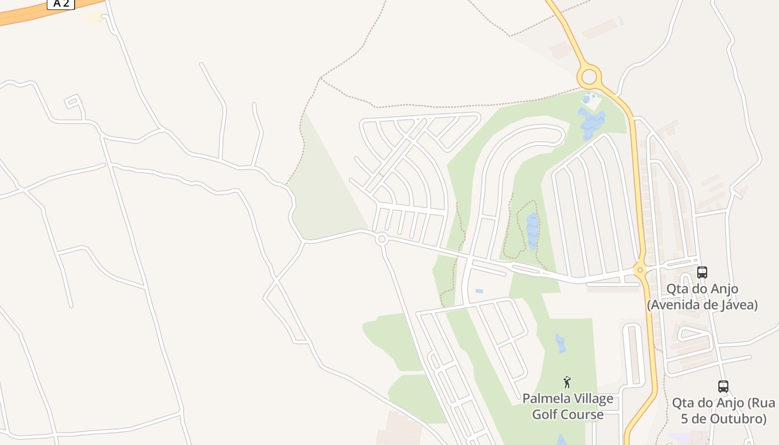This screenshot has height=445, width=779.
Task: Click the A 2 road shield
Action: coord(61,4)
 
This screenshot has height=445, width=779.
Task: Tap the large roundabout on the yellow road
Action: coord(589,76)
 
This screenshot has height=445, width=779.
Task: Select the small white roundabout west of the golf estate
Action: coord(381,239)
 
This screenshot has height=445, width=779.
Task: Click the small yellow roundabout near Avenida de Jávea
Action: coord(640,270)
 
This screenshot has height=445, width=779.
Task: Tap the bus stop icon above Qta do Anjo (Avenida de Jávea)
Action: coord(702,273)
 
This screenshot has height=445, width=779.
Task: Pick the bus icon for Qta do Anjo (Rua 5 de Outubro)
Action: coord(723,386)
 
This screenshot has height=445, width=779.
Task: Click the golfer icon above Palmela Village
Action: coord(567,382)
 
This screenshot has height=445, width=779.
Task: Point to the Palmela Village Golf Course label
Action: coord(568,407)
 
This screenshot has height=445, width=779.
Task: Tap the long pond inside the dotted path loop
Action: coord(533,230)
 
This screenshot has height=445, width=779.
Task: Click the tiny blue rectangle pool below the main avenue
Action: coord(479,291)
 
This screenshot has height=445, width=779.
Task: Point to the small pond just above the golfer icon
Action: coord(560,343)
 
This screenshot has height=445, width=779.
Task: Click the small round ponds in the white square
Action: coord(587,99)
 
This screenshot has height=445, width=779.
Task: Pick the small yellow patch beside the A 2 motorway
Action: coord(95,18)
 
